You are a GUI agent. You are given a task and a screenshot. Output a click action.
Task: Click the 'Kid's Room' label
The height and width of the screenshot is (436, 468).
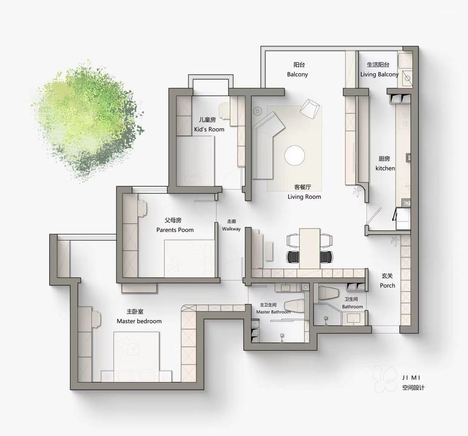pyautogui.click(x=209, y=129)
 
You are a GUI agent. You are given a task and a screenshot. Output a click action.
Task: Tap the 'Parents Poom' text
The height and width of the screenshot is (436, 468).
pyautogui.click(x=175, y=230)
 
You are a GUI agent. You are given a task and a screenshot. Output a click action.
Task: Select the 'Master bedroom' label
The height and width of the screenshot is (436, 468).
pyautogui.click(x=139, y=321)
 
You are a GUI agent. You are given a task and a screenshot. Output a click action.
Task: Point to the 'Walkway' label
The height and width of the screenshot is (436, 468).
pyautogui.click(x=231, y=229)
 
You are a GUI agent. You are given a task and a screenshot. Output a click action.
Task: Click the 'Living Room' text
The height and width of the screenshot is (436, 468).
pyautogui.click(x=304, y=197)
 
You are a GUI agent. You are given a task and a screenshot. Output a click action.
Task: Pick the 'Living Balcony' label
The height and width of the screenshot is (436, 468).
pyautogui.click(x=379, y=74)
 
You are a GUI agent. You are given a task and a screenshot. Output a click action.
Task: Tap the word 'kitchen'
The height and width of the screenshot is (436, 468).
pyautogui.click(x=385, y=168)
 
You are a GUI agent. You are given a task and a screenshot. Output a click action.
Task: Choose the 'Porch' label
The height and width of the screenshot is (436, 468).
pyautogui.click(x=387, y=285)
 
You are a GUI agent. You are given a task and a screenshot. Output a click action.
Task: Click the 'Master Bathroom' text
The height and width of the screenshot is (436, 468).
pyautogui.click(x=273, y=312)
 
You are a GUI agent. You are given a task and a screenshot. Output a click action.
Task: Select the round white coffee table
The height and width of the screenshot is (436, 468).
pyautogui.click(x=295, y=155)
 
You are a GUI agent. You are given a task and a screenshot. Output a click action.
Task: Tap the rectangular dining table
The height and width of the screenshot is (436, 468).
pyautogui.click(x=310, y=249)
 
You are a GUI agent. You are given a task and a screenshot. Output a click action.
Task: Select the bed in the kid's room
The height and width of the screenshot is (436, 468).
pyautogui.click(x=195, y=161)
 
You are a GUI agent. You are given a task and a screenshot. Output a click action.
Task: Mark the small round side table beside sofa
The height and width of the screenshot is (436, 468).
pyautogui.click(x=257, y=111)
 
